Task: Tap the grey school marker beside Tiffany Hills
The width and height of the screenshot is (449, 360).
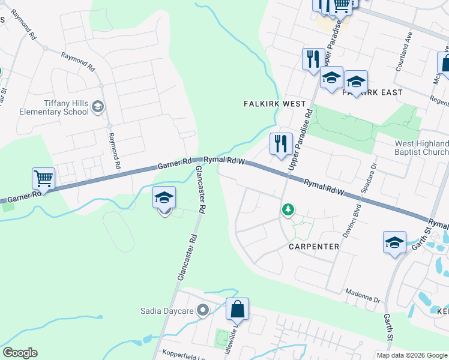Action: [x=98, y=107]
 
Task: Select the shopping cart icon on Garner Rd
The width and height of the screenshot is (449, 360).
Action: [x=43, y=178]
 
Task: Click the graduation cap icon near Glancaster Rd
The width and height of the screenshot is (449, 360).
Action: [x=164, y=197]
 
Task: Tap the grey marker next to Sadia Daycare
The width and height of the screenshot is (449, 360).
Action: [x=203, y=310]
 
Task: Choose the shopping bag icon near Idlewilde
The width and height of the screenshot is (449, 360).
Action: [x=237, y=309]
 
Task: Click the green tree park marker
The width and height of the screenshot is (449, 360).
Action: [x=288, y=209]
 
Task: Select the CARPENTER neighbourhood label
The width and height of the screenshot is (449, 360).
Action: [x=314, y=247]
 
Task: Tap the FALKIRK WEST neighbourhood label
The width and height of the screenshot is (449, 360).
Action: [x=275, y=104]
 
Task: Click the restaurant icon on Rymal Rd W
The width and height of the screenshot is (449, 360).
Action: [x=280, y=143]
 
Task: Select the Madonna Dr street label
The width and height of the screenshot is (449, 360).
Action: [x=363, y=296]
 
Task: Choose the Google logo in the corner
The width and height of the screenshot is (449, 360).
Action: [x=20, y=353]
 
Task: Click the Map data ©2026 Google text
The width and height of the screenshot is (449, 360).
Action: [x=412, y=355]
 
